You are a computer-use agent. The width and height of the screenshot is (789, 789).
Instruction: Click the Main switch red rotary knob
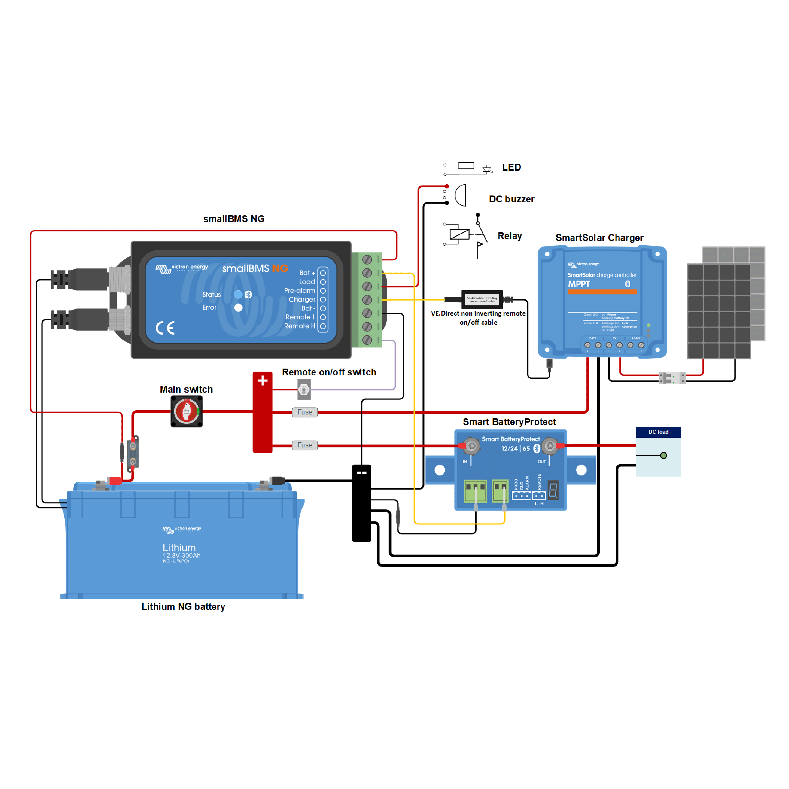(x=187, y=411)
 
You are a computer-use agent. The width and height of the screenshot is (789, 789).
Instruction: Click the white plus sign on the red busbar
(x=263, y=381)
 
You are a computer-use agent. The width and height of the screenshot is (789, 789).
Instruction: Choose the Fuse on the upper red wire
(x=305, y=412)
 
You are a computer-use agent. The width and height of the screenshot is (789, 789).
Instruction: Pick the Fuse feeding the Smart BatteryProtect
(x=305, y=445)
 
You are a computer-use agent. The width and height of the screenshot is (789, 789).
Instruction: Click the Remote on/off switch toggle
(x=304, y=390)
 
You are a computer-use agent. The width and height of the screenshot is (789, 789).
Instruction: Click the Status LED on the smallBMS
(x=238, y=294)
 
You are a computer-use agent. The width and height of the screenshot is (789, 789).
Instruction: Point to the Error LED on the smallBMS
(x=238, y=308)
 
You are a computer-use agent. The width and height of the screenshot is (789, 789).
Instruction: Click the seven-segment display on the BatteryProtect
(x=553, y=490)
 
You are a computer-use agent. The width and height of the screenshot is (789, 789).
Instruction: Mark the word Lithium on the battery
(x=179, y=548)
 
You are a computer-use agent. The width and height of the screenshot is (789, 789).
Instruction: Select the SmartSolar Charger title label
(x=599, y=238)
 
